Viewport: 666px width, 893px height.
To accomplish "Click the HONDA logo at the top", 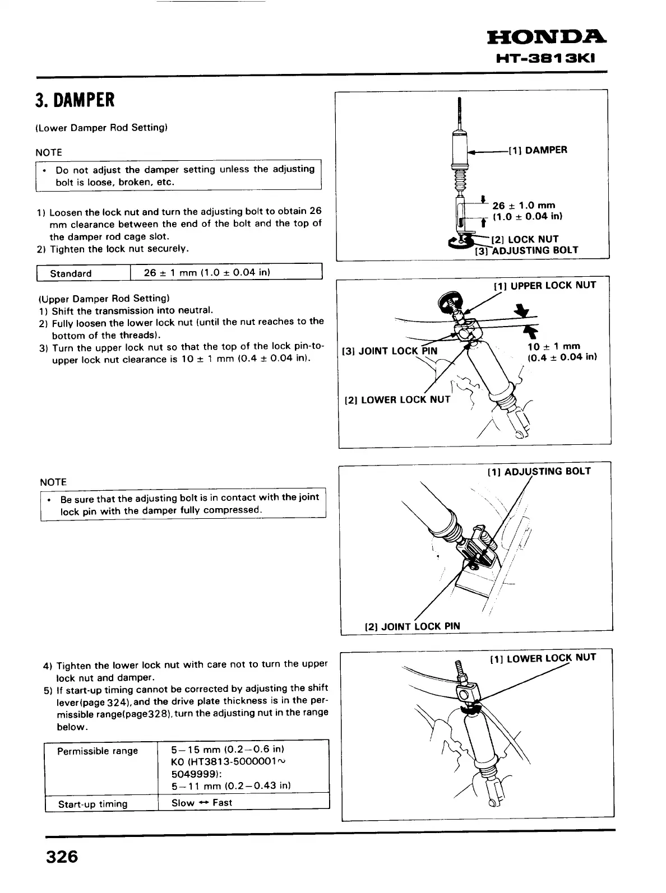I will (x=547, y=38).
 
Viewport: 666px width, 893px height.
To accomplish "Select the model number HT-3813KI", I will (x=552, y=59).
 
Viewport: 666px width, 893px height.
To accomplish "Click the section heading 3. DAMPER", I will (x=75, y=101).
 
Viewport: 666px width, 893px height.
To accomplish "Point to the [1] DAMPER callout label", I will (x=538, y=150).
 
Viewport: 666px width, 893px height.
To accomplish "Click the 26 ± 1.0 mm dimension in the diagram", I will (x=524, y=206).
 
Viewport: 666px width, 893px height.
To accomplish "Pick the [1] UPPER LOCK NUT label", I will (x=544, y=286).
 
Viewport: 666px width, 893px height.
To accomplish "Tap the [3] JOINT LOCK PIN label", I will (x=390, y=351).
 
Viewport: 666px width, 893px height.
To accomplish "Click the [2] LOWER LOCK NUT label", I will (x=397, y=400).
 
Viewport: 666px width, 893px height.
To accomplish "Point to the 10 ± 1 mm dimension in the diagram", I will (x=554, y=346).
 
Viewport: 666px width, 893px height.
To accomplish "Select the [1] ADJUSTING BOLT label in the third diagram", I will (x=539, y=471).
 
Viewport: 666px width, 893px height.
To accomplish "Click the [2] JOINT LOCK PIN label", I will (x=412, y=626).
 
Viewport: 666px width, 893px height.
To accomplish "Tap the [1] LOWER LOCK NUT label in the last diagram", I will (x=543, y=658).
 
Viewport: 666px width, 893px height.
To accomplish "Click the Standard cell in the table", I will (x=71, y=273).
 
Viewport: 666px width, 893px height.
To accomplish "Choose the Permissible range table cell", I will (x=98, y=751).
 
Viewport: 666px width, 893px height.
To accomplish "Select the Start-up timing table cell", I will (x=93, y=804).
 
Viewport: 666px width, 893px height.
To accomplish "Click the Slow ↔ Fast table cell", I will (x=202, y=803).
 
